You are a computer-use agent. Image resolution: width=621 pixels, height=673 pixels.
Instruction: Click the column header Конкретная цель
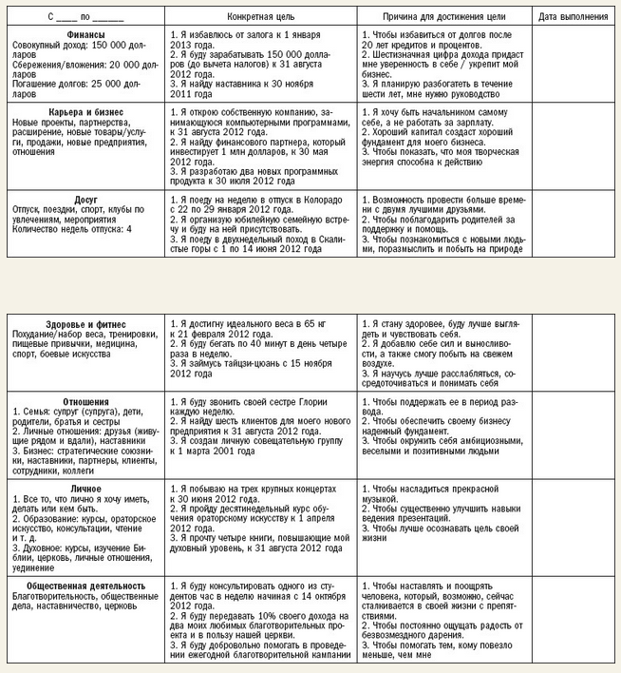(255, 17)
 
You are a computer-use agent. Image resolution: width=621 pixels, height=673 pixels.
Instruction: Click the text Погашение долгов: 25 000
(60, 83)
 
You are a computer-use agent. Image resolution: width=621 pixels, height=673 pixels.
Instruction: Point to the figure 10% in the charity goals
(251, 615)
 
